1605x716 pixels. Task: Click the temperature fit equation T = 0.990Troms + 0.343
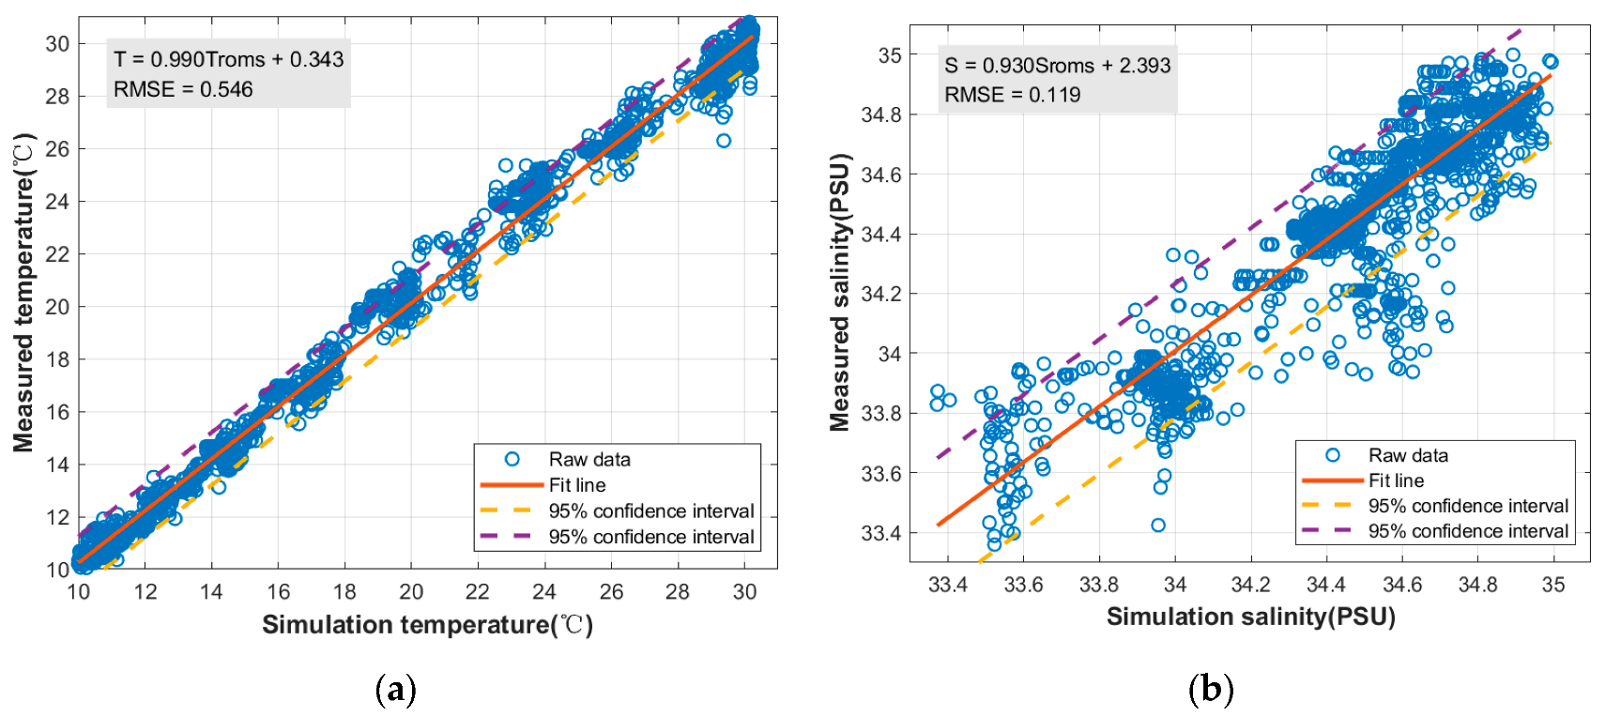[228, 59]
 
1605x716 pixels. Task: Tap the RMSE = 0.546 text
[183, 89]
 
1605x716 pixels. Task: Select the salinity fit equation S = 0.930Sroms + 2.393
[1057, 65]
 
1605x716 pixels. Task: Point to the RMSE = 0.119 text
[1012, 95]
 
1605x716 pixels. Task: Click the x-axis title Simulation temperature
[427, 625]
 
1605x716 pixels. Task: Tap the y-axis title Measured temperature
[23, 293]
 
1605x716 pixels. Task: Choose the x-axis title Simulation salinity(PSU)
[1250, 617]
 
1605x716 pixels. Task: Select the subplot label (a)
[395, 691]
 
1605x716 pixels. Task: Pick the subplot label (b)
[1210, 691]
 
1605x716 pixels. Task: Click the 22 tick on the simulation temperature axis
[478, 591]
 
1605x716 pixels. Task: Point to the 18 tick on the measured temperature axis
[57, 359]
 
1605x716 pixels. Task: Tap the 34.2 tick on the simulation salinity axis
[1250, 585]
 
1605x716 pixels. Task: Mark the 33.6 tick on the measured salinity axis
[881, 474]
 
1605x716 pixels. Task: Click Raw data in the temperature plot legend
[589, 459]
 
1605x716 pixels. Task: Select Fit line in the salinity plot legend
[1396, 480]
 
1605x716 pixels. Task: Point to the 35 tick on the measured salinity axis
[890, 55]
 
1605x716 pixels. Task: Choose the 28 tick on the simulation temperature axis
[678, 591]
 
